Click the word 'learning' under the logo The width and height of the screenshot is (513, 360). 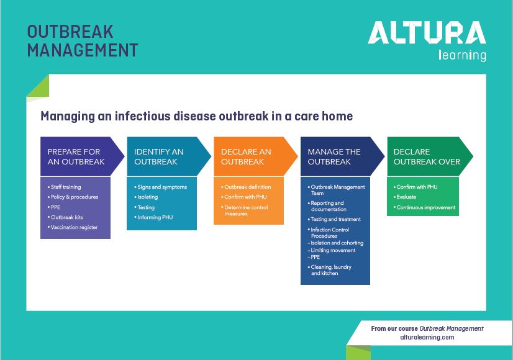tap(462, 56)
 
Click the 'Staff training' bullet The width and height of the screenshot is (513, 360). tap(66, 187)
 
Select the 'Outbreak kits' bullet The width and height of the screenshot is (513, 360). tap(66, 217)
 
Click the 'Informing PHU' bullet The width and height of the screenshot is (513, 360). tap(155, 218)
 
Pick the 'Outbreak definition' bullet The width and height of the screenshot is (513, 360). tap(248, 187)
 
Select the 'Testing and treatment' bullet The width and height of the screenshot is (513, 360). tap(335, 219)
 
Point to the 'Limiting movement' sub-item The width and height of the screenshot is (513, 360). tap(333, 251)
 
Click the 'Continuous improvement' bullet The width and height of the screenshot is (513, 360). tap(425, 207)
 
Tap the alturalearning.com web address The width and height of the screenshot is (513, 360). tap(427, 337)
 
